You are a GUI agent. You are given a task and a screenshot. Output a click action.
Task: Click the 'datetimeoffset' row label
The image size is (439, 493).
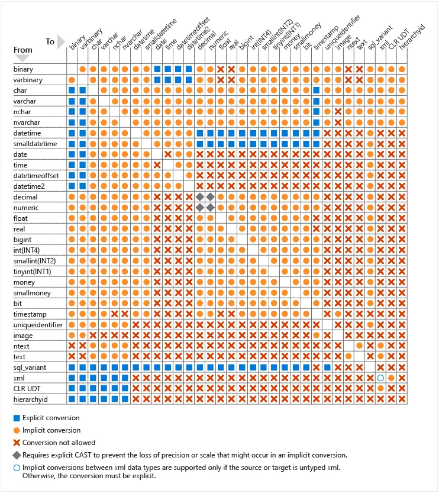tap(34, 176)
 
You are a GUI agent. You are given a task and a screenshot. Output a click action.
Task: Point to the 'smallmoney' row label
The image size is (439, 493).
tap(32, 293)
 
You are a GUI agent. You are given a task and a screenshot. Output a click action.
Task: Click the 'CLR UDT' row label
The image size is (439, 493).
tap(27, 389)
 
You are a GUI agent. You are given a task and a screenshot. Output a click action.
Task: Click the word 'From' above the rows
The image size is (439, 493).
tap(23, 50)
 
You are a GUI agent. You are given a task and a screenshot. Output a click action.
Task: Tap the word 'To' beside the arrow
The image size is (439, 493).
tap(50, 42)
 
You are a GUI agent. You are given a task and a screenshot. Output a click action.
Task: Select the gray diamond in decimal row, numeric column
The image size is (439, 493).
tap(210, 196)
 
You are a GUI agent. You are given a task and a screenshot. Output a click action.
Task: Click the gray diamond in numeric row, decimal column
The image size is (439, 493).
tap(200, 207)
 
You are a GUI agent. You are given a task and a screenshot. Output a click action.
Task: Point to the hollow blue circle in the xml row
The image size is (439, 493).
tap(381, 378)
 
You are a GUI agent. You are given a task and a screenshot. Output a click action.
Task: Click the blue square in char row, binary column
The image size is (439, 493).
tap(72, 91)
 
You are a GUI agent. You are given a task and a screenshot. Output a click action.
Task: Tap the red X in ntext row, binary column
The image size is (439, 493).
tap(72, 346)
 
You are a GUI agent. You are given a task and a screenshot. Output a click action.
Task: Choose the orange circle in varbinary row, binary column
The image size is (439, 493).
tap(72, 80)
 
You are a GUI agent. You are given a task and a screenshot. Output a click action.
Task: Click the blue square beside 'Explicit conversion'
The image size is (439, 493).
tap(17, 418)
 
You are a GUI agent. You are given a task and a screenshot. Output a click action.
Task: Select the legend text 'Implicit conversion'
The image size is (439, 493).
tap(51, 430)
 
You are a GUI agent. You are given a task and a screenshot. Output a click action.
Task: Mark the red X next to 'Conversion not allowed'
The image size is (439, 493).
tap(17, 442)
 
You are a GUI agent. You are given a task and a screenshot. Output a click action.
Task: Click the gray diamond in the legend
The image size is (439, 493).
tap(17, 455)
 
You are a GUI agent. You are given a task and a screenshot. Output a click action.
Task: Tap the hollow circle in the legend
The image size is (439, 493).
tap(17, 468)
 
